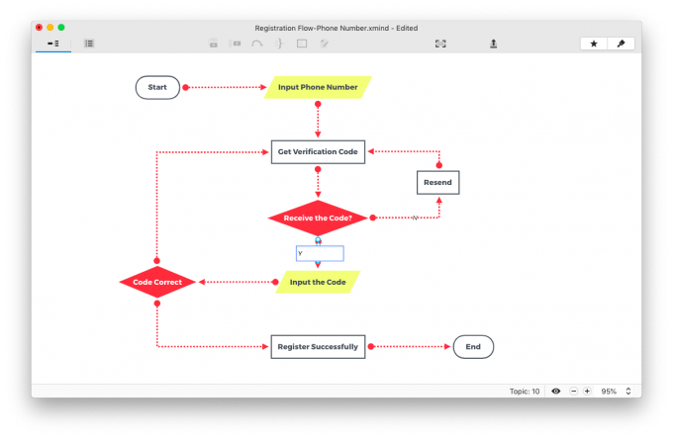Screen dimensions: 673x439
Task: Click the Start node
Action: coord(157,87)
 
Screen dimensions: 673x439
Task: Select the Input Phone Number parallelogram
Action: coord(318,87)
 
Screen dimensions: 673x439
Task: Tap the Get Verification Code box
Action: coord(318,151)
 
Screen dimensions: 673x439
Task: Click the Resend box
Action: coord(437,183)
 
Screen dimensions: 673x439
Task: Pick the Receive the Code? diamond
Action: coord(318,218)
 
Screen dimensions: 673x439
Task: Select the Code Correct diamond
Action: coord(157,282)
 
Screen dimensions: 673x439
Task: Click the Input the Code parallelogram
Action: coord(318,282)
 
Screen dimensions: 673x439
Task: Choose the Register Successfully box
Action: coord(318,347)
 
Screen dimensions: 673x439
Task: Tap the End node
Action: coord(473,347)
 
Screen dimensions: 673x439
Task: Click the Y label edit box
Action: coord(320,253)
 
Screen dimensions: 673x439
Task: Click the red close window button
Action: coord(39,28)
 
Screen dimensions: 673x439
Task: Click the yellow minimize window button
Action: coord(50,28)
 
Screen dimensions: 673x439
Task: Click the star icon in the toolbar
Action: coord(594,44)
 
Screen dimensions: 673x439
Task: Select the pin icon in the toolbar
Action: coord(621,44)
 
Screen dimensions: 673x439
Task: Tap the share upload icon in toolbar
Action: coord(494,44)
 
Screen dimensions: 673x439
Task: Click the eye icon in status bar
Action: coord(556,391)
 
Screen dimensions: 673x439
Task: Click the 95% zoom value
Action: coord(609,392)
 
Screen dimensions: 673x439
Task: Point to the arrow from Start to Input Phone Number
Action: coord(225,87)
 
